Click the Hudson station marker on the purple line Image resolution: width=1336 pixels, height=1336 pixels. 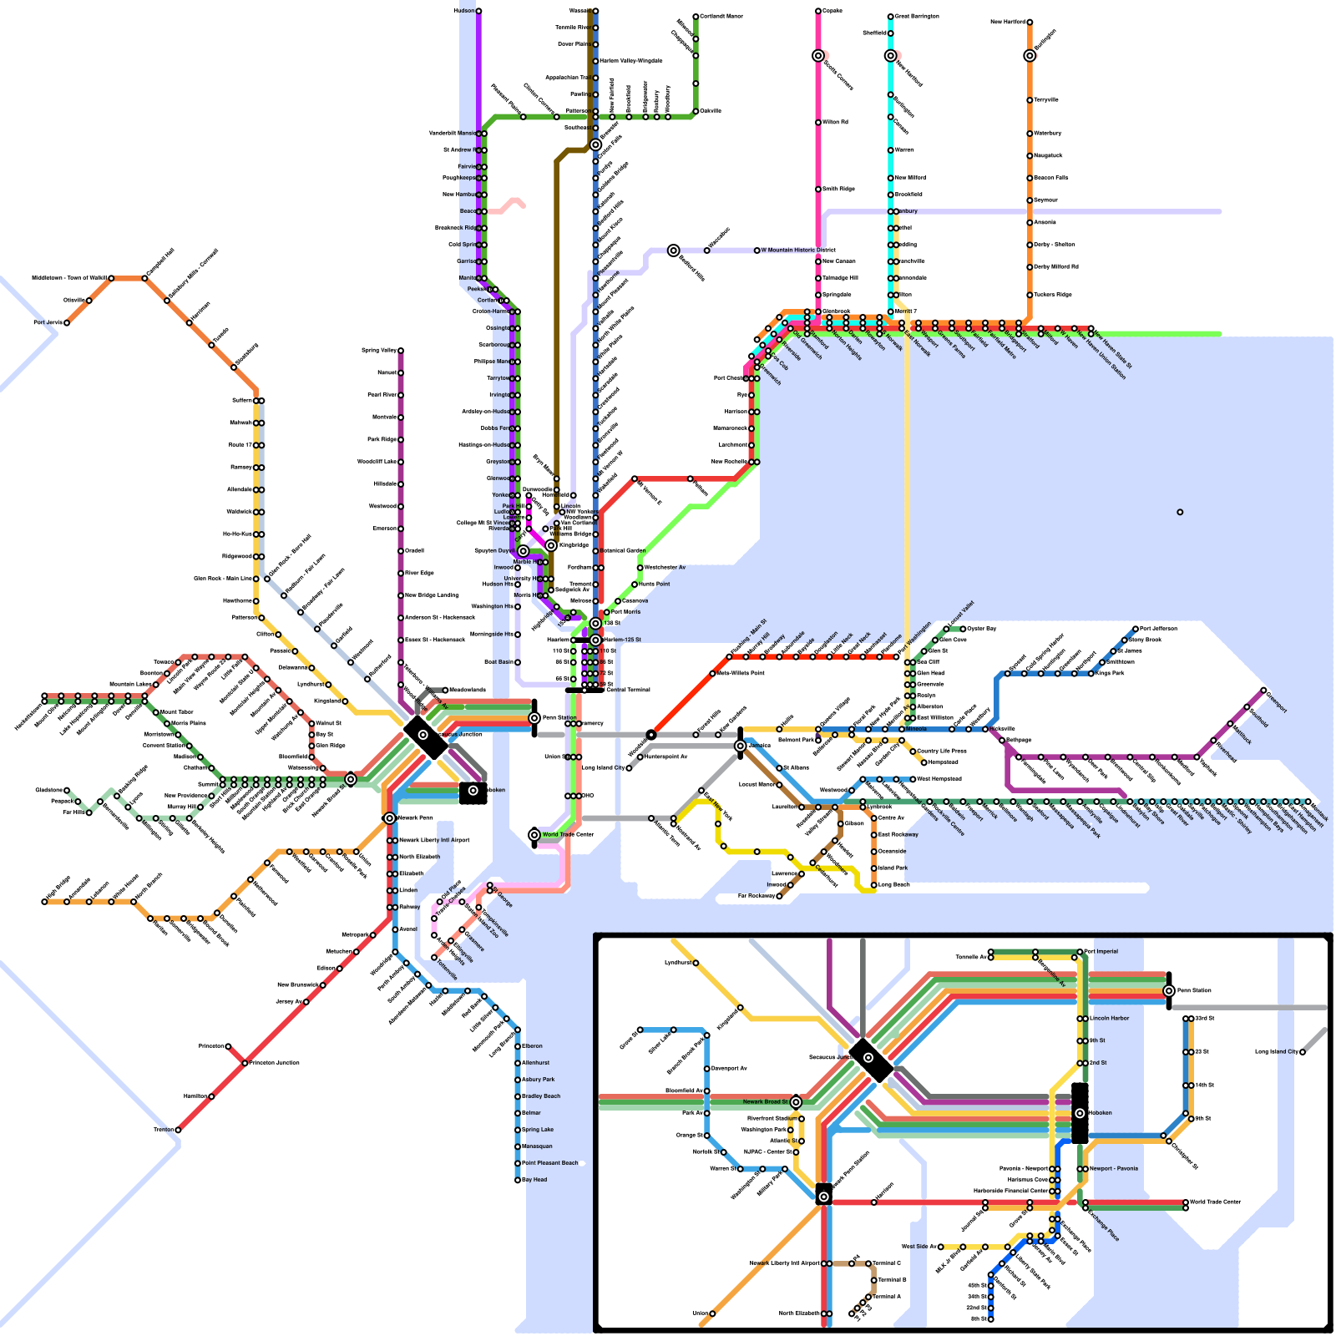(x=478, y=11)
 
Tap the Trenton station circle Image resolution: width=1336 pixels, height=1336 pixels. (x=178, y=1130)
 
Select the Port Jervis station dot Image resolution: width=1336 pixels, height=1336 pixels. (x=67, y=322)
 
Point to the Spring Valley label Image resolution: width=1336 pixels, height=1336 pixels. (x=379, y=351)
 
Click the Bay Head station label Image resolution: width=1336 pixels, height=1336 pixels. (x=534, y=1180)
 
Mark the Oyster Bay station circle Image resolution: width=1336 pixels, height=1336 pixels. (x=963, y=629)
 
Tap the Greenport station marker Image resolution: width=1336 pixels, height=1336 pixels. (x=1263, y=691)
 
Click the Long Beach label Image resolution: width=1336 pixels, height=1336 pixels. (x=893, y=884)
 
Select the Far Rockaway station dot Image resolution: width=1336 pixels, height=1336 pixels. (x=779, y=896)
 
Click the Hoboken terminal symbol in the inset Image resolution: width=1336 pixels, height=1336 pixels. (x=1080, y=1113)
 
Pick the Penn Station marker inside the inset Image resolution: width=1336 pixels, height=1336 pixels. (x=1169, y=990)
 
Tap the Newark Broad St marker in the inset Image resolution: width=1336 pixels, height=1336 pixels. (x=796, y=1102)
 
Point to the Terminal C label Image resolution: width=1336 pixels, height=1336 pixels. (x=887, y=1263)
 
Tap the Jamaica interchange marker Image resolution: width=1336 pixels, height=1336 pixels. (x=740, y=746)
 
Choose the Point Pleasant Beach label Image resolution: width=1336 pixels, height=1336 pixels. (x=550, y=1163)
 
